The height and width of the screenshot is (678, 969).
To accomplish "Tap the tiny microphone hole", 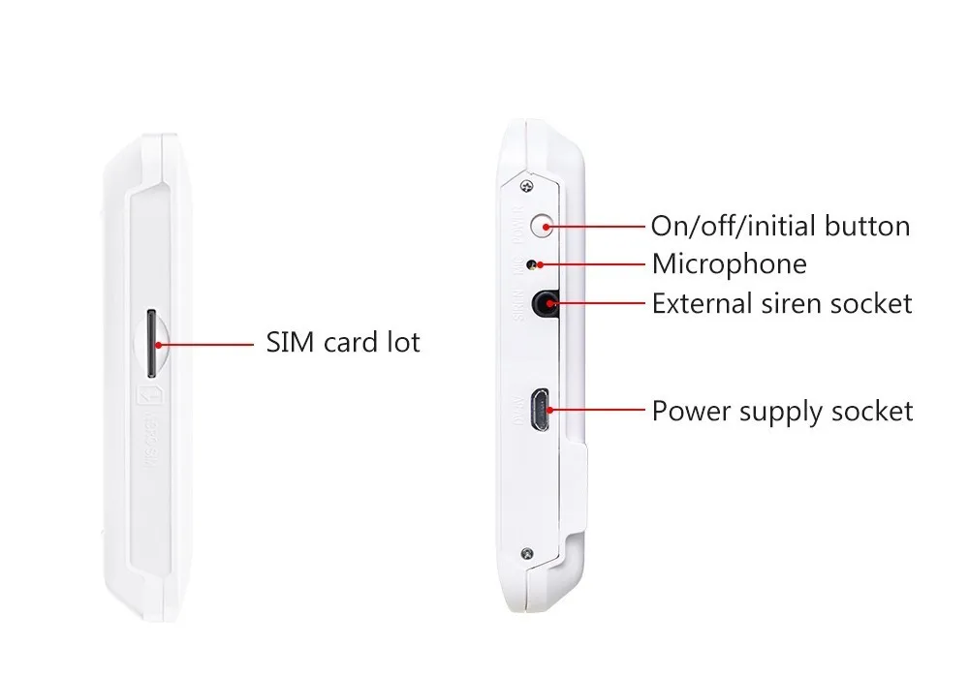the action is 530,263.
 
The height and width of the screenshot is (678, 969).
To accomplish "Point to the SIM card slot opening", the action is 151,343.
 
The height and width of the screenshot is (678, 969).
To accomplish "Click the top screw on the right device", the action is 527,185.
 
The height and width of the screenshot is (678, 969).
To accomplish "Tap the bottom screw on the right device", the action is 526,554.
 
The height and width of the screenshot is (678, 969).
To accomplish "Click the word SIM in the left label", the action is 289,343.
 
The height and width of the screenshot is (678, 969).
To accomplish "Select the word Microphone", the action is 729,263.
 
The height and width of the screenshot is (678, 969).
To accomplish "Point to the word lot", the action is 405,343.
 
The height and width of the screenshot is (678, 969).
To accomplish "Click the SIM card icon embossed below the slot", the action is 150,398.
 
